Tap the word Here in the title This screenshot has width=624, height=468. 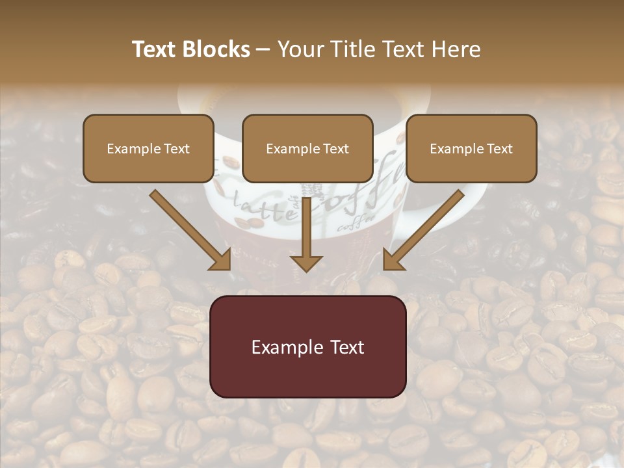click(x=456, y=49)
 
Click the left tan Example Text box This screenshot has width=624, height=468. click(x=148, y=148)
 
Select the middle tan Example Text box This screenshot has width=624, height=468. click(x=307, y=148)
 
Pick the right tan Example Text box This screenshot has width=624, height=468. click(x=471, y=148)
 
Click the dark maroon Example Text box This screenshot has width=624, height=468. click(x=307, y=346)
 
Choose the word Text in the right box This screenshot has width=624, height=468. click(x=499, y=149)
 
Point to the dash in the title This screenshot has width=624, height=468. click(x=264, y=50)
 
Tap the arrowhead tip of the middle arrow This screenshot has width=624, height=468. click(x=306, y=270)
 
